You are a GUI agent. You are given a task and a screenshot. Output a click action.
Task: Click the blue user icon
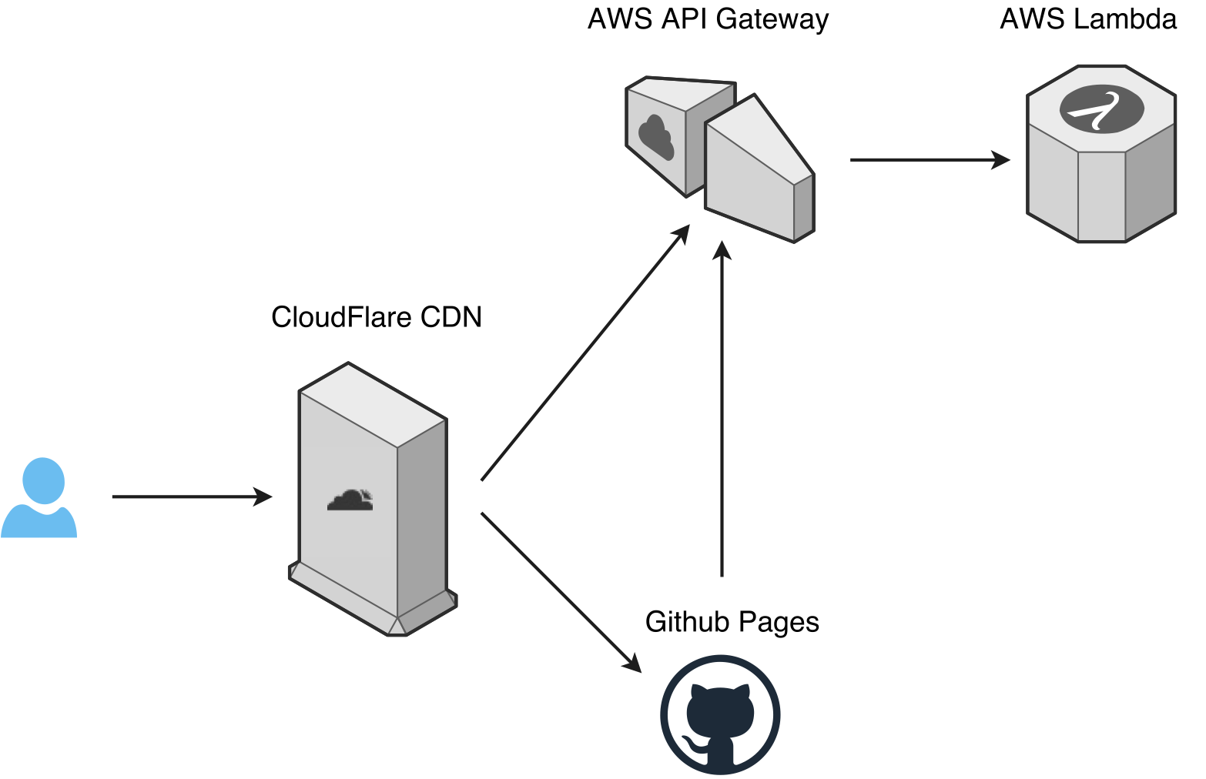pos(39,499)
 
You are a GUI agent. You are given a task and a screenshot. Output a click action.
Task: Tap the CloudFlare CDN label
pos(376,317)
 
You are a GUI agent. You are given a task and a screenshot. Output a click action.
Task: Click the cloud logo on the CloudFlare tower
pos(350,500)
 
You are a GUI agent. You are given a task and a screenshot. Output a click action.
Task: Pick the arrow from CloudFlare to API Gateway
pos(584,353)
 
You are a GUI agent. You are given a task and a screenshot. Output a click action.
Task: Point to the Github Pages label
pos(732,621)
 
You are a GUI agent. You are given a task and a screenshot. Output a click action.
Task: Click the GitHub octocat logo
pos(720,715)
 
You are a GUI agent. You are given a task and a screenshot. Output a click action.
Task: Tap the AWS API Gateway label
pos(708,19)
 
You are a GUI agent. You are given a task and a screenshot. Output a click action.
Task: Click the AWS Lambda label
pos(1088,19)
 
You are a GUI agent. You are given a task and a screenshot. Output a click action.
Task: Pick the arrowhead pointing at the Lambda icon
pos(1001,160)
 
